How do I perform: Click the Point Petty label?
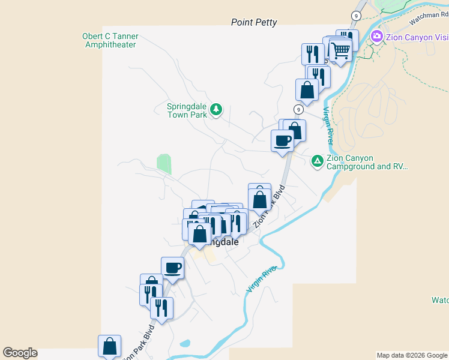pyautogui.click(x=254, y=22)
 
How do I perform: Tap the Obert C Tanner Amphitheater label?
pyautogui.click(x=110, y=40)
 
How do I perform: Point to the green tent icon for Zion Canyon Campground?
pyautogui.click(x=317, y=161)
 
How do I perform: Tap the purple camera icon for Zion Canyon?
pyautogui.click(x=376, y=36)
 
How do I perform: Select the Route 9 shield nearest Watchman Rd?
pyautogui.click(x=357, y=15)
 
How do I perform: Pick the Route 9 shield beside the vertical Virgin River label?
pyautogui.click(x=298, y=109)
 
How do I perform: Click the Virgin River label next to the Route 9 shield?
pyautogui.click(x=328, y=125)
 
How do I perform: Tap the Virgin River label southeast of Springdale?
pyautogui.click(x=263, y=280)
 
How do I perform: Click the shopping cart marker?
pyautogui.click(x=340, y=50)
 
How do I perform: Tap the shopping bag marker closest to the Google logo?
pyautogui.click(x=109, y=346)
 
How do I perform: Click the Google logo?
pyautogui.click(x=20, y=353)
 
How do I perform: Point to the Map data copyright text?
pyautogui.click(x=412, y=355)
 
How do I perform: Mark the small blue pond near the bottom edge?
pyautogui.click(x=185, y=344)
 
